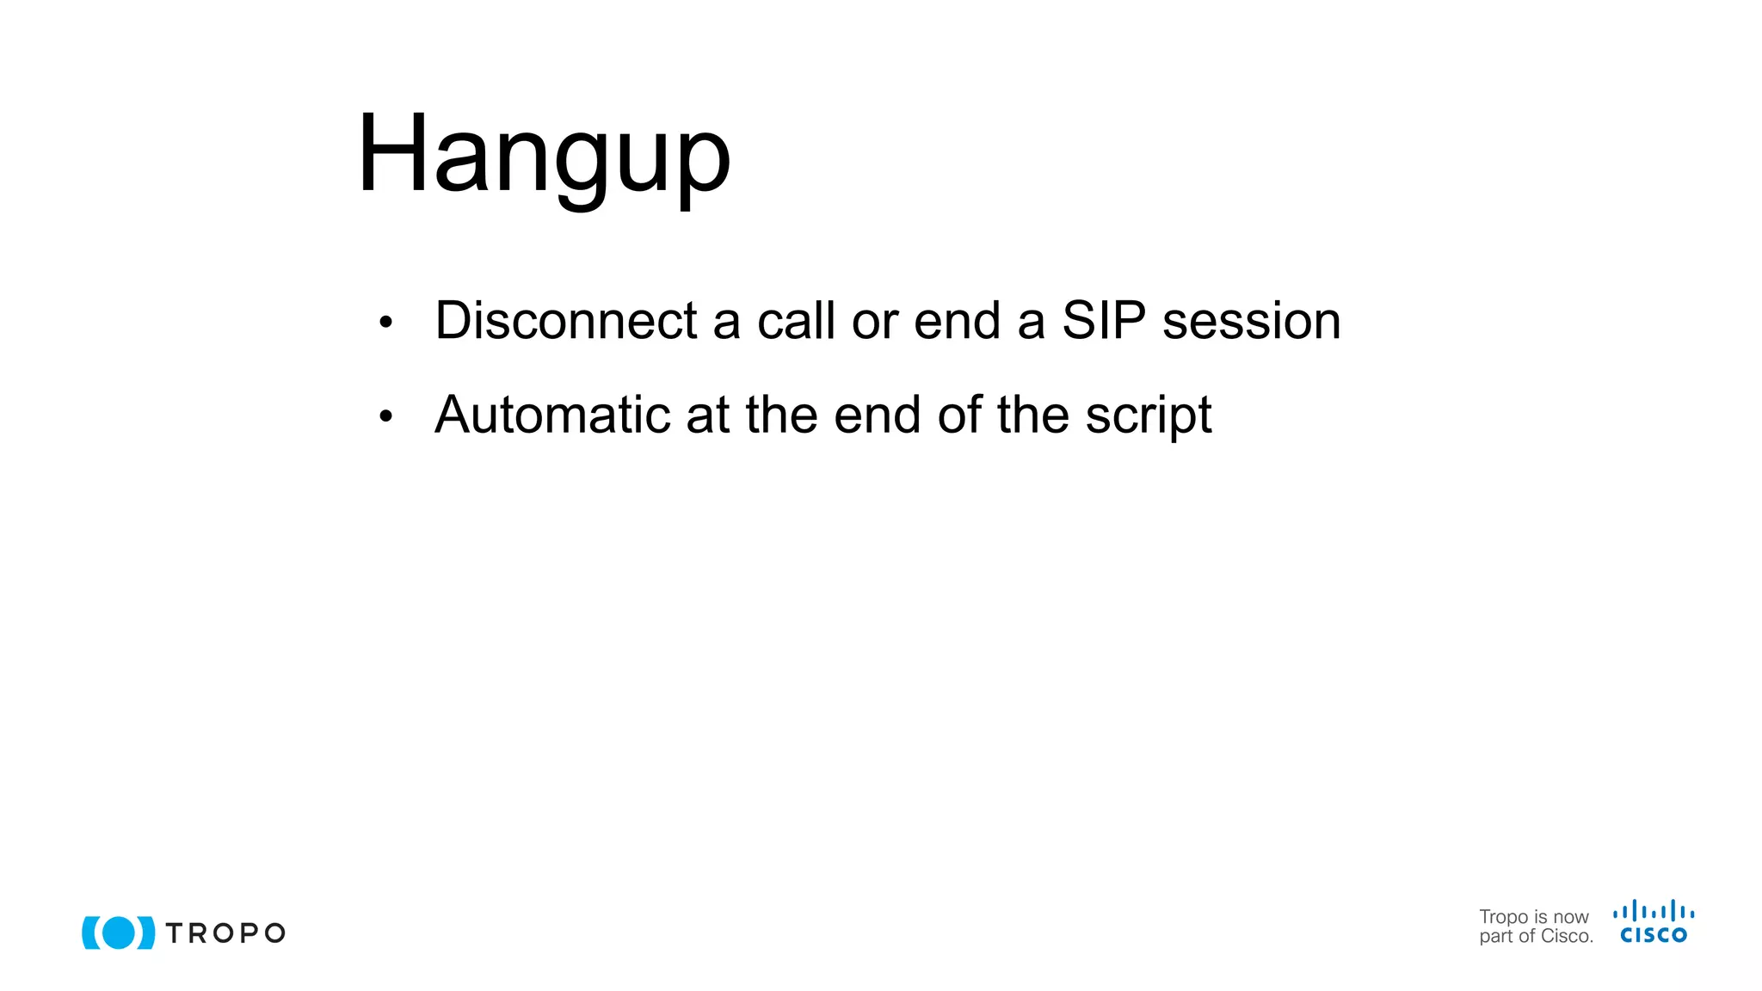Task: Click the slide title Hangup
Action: coord(544,155)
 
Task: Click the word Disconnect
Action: coord(565,321)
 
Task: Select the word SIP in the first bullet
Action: coord(1104,321)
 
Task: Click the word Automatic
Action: coord(552,415)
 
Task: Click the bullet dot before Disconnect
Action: coord(385,323)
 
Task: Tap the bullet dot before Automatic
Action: coord(385,417)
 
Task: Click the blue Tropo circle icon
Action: coord(119,933)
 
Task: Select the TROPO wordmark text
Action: coord(225,933)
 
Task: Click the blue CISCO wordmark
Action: coord(1654,935)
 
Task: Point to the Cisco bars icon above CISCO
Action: coord(1654,911)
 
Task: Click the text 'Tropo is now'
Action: coord(1534,917)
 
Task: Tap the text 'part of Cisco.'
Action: coord(1536,937)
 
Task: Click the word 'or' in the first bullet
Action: coord(874,321)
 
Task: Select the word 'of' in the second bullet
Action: coord(958,415)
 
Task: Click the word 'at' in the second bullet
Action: coord(707,415)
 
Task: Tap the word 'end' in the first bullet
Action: coord(957,321)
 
